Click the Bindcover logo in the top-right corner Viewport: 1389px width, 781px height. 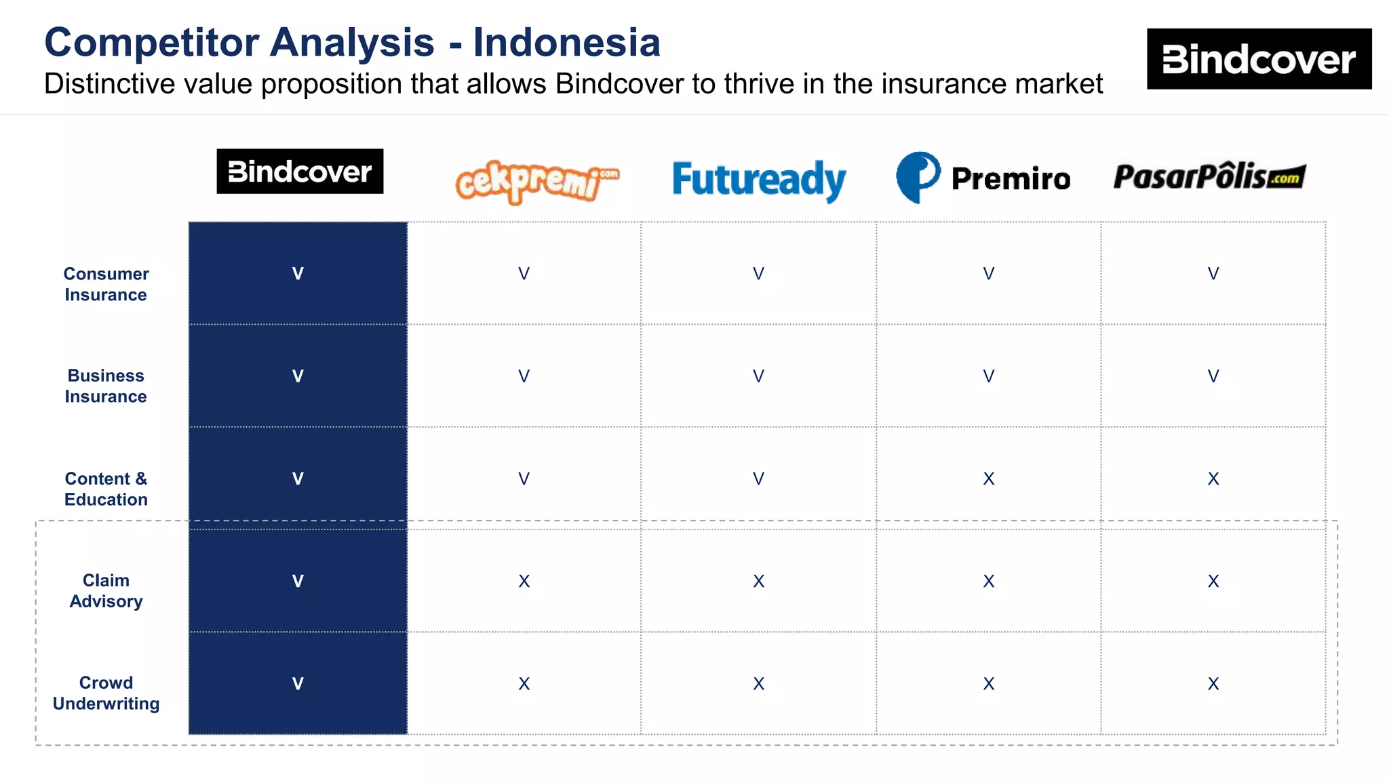click(x=1259, y=59)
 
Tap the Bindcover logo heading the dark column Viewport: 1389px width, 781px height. click(x=300, y=172)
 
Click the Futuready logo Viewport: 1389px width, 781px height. click(x=759, y=180)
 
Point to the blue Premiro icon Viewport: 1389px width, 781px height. click(x=918, y=177)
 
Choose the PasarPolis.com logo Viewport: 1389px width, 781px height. click(x=1209, y=176)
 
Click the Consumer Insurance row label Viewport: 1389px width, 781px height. click(x=106, y=284)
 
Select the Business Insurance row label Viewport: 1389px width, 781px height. click(x=106, y=386)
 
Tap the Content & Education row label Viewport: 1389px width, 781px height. click(x=106, y=489)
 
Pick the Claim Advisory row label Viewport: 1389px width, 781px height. click(x=106, y=590)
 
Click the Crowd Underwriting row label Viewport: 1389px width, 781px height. click(x=106, y=693)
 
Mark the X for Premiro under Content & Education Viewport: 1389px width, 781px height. click(x=989, y=479)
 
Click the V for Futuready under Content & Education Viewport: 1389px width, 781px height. click(x=758, y=479)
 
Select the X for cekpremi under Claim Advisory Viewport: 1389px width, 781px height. click(x=524, y=582)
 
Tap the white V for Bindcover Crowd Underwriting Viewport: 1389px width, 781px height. click(x=298, y=684)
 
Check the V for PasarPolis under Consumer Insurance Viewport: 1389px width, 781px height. click(x=1213, y=274)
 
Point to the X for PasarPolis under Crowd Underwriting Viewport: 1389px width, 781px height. click(x=1213, y=684)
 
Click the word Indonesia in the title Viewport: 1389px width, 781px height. click(x=566, y=43)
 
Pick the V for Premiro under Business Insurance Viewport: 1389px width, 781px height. click(x=989, y=376)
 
